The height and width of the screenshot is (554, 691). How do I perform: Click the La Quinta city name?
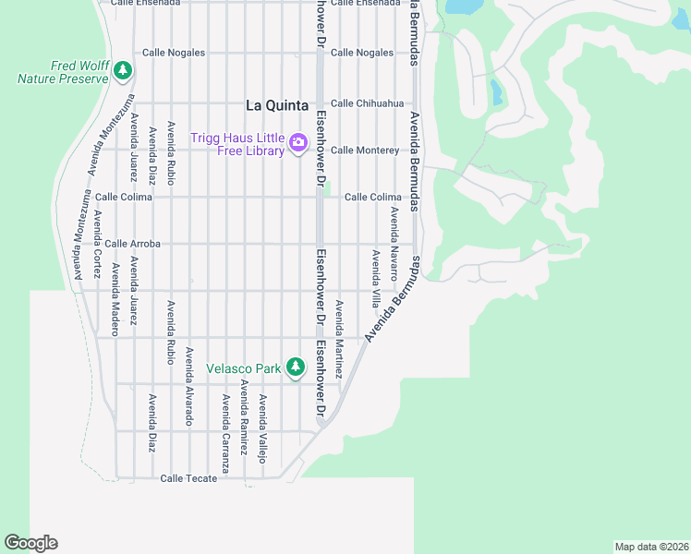tap(276, 106)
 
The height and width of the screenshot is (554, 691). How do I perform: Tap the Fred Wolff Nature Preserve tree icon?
tap(122, 70)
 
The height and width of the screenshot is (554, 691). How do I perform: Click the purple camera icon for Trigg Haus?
tap(298, 142)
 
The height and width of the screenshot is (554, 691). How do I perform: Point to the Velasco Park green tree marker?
tap(295, 367)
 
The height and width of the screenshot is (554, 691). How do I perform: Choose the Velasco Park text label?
tap(243, 369)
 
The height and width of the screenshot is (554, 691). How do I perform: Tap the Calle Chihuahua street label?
tap(367, 103)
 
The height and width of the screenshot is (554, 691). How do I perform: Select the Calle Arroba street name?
tap(132, 244)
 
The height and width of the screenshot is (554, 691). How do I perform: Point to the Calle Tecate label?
tap(188, 478)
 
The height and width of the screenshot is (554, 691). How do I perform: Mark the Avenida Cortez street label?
tap(97, 235)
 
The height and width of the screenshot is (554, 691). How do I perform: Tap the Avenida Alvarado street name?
tap(189, 386)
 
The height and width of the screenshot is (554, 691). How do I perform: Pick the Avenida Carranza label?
tap(225, 434)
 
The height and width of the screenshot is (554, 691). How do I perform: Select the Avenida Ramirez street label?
tap(244, 417)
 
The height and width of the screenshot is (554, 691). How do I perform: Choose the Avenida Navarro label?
tap(394, 244)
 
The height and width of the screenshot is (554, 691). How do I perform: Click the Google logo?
tap(30, 543)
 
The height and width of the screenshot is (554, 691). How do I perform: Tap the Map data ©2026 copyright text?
tap(651, 546)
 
